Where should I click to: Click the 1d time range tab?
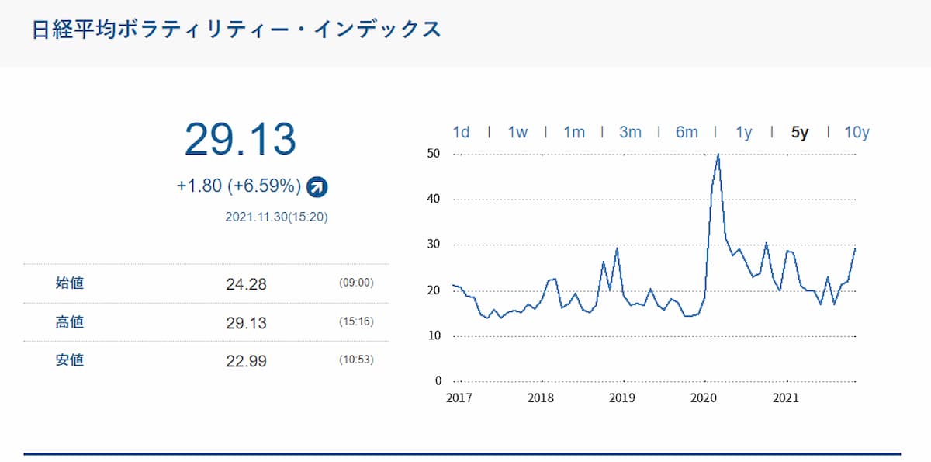[461, 132]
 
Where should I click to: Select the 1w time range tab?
[517, 132]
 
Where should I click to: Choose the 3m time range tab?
[630, 132]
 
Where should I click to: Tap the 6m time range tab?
[687, 132]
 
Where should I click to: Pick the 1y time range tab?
[743, 132]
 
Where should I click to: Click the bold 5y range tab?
[800, 132]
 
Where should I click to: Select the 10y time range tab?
[857, 132]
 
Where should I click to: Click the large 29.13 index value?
[240, 140]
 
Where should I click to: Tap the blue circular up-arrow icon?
[317, 186]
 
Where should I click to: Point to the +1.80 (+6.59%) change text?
[238, 186]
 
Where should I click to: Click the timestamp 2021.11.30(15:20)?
[276, 217]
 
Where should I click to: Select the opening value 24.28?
[246, 284]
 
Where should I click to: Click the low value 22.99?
[246, 361]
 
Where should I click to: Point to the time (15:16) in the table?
[356, 321]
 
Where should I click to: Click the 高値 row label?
[70, 321]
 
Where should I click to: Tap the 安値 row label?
[70, 360]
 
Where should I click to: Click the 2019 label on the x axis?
[622, 398]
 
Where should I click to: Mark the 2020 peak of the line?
[718, 155]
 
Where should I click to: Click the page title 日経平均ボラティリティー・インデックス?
[236, 30]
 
